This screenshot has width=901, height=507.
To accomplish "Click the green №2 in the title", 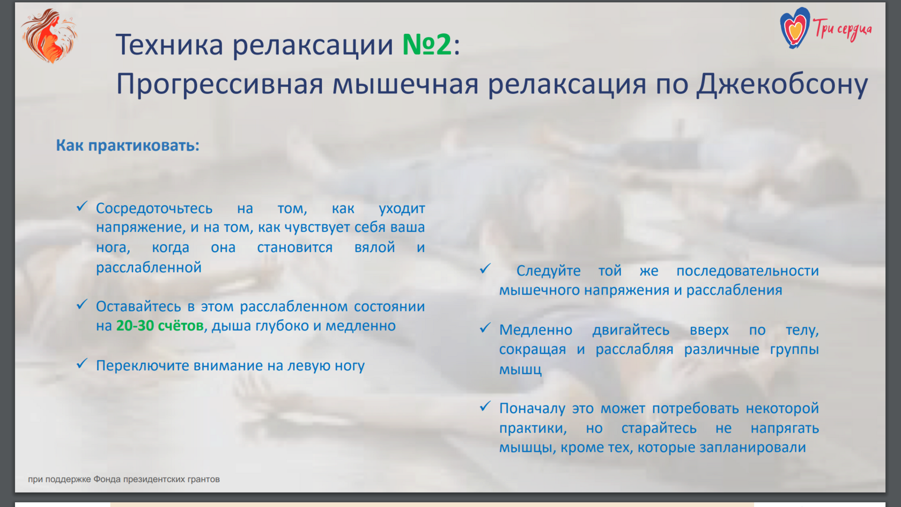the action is pyautogui.click(x=427, y=44).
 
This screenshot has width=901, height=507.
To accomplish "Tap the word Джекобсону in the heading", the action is pyautogui.click(x=782, y=85).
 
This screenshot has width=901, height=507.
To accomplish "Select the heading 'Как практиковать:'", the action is pyautogui.click(x=128, y=145).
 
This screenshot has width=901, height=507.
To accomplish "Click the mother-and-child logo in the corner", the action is pyautogui.click(x=49, y=35).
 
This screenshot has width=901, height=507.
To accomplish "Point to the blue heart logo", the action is pyautogui.click(x=794, y=28).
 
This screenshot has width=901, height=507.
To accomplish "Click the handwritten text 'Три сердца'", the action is pyautogui.click(x=842, y=30).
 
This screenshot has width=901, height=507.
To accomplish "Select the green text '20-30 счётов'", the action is pyautogui.click(x=160, y=326).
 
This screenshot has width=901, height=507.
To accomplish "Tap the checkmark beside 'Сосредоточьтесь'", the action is pyautogui.click(x=82, y=207).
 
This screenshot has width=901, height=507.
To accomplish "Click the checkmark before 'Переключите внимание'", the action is pyautogui.click(x=82, y=364).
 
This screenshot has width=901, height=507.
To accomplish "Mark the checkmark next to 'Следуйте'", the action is pyautogui.click(x=485, y=269).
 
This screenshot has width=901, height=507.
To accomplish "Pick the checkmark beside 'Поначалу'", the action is pyautogui.click(x=485, y=407).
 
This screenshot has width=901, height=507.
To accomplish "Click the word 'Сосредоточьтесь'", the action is pyautogui.click(x=154, y=209).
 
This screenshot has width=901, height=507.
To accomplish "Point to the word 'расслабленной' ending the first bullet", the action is pyautogui.click(x=149, y=268).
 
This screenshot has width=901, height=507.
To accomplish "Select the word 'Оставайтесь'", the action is pyautogui.click(x=138, y=307).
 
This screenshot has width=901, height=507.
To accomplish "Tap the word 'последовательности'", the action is pyautogui.click(x=748, y=271).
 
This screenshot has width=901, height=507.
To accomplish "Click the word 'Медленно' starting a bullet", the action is pyautogui.click(x=536, y=330).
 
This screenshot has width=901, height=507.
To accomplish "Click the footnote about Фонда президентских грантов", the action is pyautogui.click(x=124, y=479).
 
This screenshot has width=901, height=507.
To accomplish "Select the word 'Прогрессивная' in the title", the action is pyautogui.click(x=220, y=85).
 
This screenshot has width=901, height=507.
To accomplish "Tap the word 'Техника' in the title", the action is pyautogui.click(x=169, y=45).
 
